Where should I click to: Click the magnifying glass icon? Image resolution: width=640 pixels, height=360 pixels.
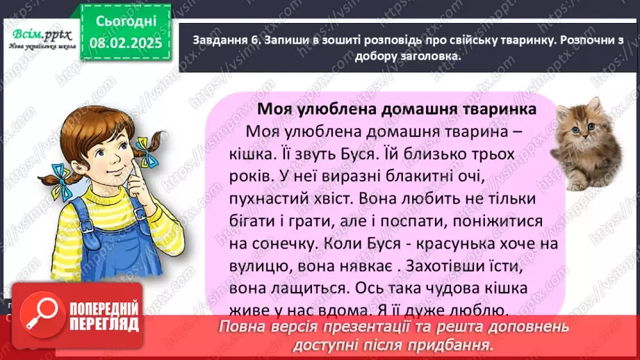pyautogui.click(x=35, y=317)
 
